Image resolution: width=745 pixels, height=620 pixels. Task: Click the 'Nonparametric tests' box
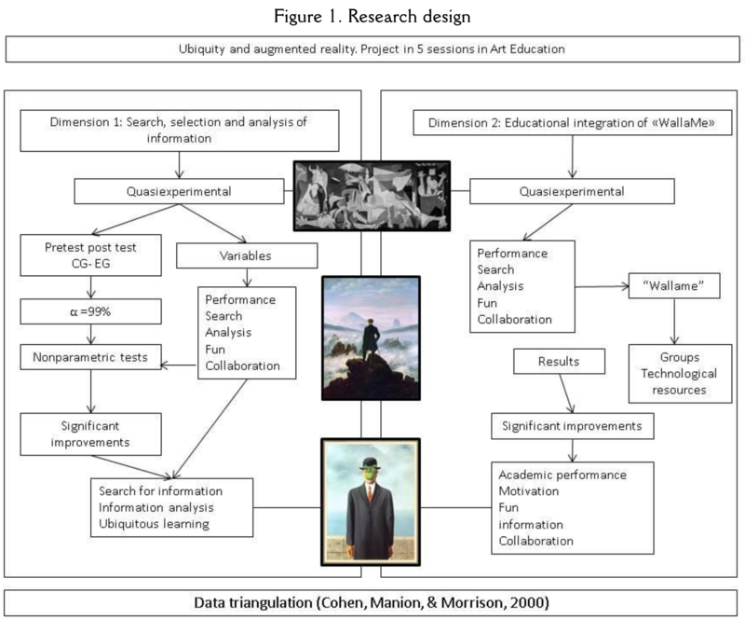click(87, 354)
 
